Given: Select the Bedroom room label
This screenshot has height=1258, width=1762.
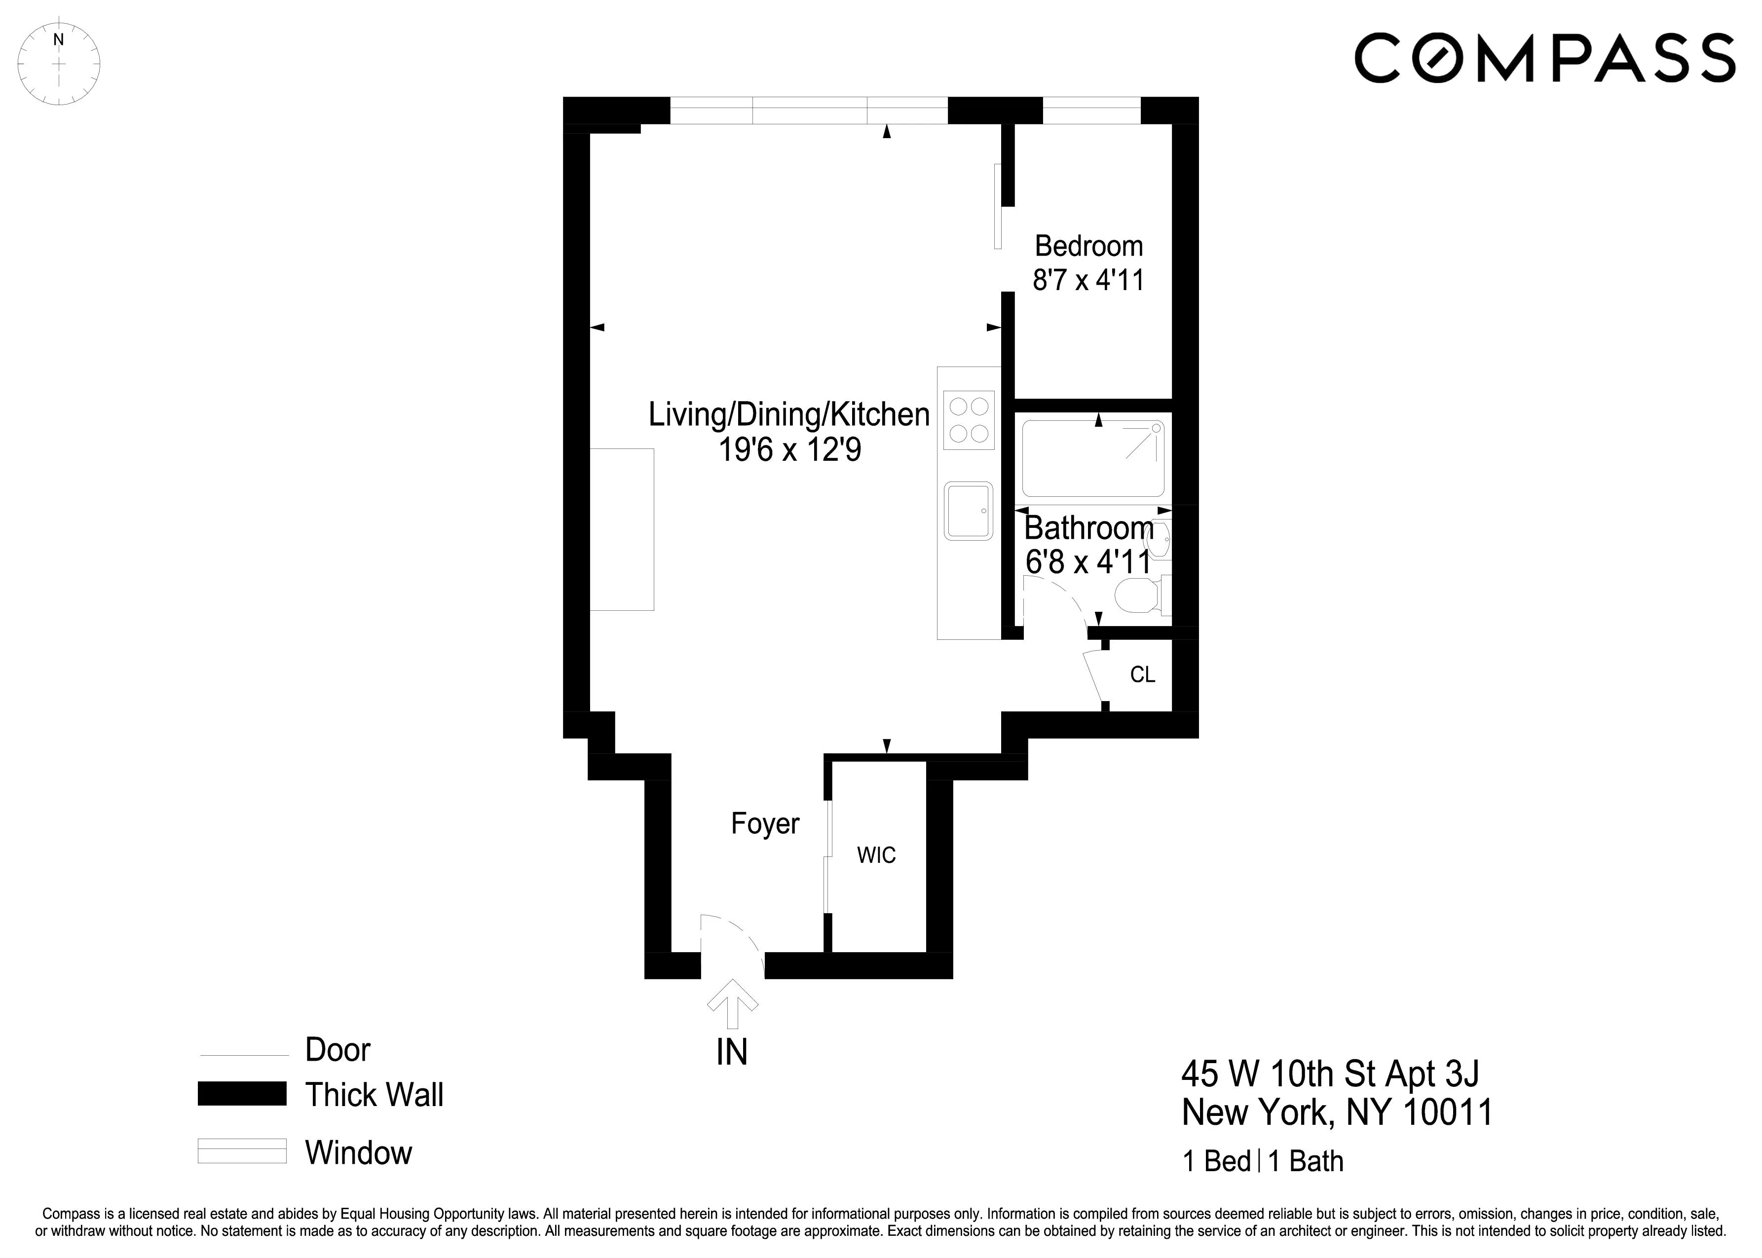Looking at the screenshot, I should coord(1088,246).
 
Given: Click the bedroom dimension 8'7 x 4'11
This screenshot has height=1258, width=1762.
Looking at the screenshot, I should coord(1088,280).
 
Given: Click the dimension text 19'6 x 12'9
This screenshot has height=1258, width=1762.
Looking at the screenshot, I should coord(789,450).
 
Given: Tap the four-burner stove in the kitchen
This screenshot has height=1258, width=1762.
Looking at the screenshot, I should coord(969,420).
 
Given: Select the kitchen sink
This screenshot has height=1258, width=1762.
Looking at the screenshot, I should coord(968,511).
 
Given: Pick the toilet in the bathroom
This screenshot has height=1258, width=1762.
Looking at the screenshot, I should coord(1139,596).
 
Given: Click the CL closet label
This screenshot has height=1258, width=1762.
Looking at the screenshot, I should coord(1142,675).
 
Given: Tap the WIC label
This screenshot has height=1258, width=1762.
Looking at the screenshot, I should coord(876,855).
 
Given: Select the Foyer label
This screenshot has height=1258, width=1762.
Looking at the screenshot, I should coord(765,823).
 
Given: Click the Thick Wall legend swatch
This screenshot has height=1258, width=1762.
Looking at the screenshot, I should coord(242,1094).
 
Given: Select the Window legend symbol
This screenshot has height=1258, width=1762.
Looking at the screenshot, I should coord(242,1151).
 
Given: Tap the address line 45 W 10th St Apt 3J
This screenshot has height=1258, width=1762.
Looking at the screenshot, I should coord(1330,1073).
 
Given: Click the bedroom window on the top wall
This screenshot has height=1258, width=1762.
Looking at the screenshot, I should coord(1091,110).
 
